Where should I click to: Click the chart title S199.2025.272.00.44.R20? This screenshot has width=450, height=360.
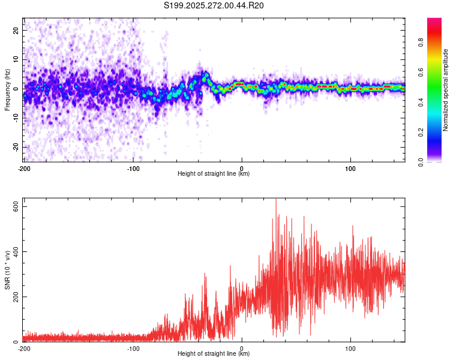(214, 6)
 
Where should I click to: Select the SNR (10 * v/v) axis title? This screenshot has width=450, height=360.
(7, 271)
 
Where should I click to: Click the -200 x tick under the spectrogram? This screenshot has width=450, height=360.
(24, 168)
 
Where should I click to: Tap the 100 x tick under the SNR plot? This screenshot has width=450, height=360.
(350, 349)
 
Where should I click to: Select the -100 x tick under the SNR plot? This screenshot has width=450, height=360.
(133, 349)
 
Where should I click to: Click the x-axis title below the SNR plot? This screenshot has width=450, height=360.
(214, 354)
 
